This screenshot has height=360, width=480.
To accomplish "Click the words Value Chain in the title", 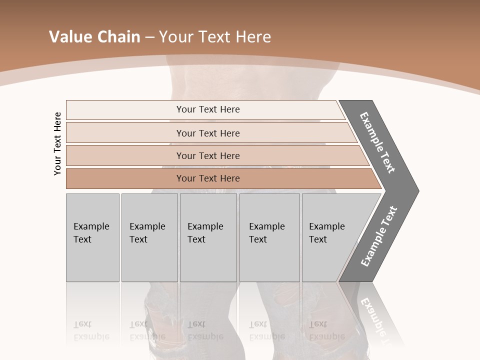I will coord(94,36).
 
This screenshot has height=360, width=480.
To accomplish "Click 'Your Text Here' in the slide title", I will coord(215,36).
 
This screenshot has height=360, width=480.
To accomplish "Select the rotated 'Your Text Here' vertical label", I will coord(57,143).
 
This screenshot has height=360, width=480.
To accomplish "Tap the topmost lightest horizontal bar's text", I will coord(208,109).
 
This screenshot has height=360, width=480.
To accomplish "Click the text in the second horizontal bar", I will coord(208,133).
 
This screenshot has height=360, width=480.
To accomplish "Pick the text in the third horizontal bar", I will coord(208,155).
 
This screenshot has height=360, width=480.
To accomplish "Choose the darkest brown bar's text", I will coord(208,178).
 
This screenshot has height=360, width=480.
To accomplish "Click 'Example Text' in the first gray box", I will coord(91,233).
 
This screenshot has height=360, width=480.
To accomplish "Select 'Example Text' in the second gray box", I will coord(147,233).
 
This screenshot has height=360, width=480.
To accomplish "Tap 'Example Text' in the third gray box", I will coord(205,233).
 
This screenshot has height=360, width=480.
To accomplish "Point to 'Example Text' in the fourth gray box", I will coord(266,233).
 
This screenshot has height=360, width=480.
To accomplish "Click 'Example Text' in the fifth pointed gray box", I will coord(326,233).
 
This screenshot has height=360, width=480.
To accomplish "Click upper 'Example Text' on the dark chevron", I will coord(377,142).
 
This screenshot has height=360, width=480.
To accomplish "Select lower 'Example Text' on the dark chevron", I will coord(379,236).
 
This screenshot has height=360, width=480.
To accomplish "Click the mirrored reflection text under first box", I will coord(91,330).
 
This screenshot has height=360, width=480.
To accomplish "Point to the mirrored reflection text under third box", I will coord(205,330).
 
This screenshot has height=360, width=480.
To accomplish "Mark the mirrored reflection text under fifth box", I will coord(326,330).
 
